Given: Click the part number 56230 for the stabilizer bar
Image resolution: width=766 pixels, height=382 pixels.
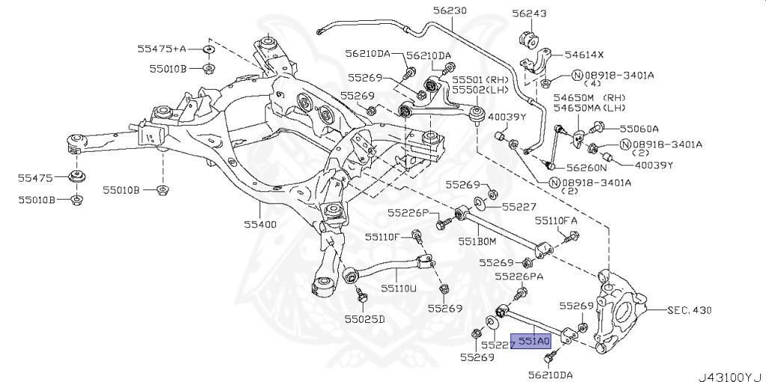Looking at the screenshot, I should pos(449,11).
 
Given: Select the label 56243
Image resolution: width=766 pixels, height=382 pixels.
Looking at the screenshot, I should pos(530,14).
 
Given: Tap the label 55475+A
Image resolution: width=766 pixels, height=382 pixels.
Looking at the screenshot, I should pos(162,49).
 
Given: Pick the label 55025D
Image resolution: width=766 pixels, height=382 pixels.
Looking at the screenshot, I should pos(364,319).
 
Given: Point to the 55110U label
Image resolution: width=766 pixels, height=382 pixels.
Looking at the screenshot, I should pos(396,287).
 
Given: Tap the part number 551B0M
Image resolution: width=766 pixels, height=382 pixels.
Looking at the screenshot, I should pos(477,241).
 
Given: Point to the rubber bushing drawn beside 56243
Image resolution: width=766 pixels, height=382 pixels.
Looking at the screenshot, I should pos(529,38).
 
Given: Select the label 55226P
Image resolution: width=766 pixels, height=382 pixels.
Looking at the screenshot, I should pos(408,213).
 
